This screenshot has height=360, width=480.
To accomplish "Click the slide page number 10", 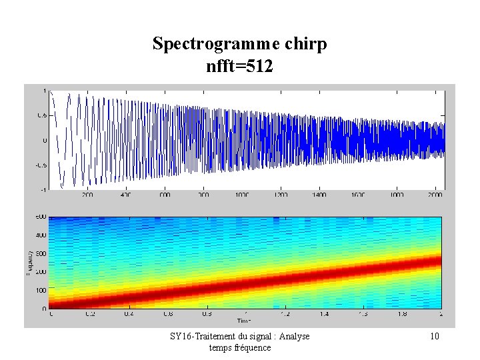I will (x=434, y=337).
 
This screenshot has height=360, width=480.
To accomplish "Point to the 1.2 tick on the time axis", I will (x=285, y=313).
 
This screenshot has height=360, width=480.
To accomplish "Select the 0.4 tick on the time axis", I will (x=127, y=313).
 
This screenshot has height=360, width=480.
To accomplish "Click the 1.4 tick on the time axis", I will (x=324, y=313).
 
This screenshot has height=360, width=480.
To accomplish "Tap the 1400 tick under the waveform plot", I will (x=319, y=195).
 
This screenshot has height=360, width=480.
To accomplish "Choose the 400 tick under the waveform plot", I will (x=126, y=195).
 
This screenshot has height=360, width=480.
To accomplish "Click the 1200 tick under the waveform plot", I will (x=281, y=195).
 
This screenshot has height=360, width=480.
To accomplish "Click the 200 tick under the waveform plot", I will (x=87, y=195).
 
